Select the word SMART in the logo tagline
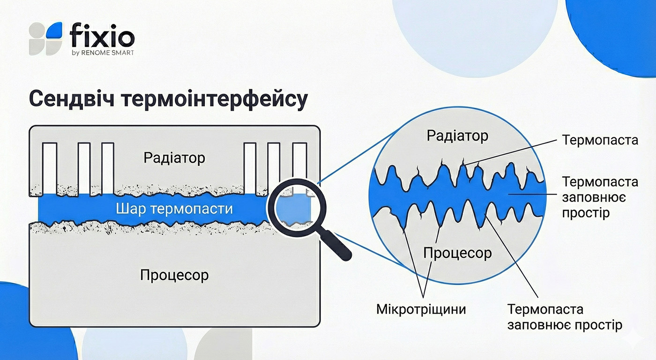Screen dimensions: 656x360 (123, 52)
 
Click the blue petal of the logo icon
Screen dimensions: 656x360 (54, 30)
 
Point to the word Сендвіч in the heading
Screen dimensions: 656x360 (72, 99)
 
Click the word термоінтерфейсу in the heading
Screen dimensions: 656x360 (215, 99)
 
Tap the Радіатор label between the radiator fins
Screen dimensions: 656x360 (174, 158)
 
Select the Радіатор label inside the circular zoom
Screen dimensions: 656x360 (457, 136)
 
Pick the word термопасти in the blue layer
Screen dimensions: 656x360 (192, 210)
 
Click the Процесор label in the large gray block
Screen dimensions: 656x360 (174, 275)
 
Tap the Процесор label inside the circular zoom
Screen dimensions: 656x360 (457, 253)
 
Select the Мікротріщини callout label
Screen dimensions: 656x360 (421, 309)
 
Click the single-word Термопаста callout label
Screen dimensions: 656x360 (600, 140)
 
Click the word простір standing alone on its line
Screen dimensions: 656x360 (586, 213)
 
